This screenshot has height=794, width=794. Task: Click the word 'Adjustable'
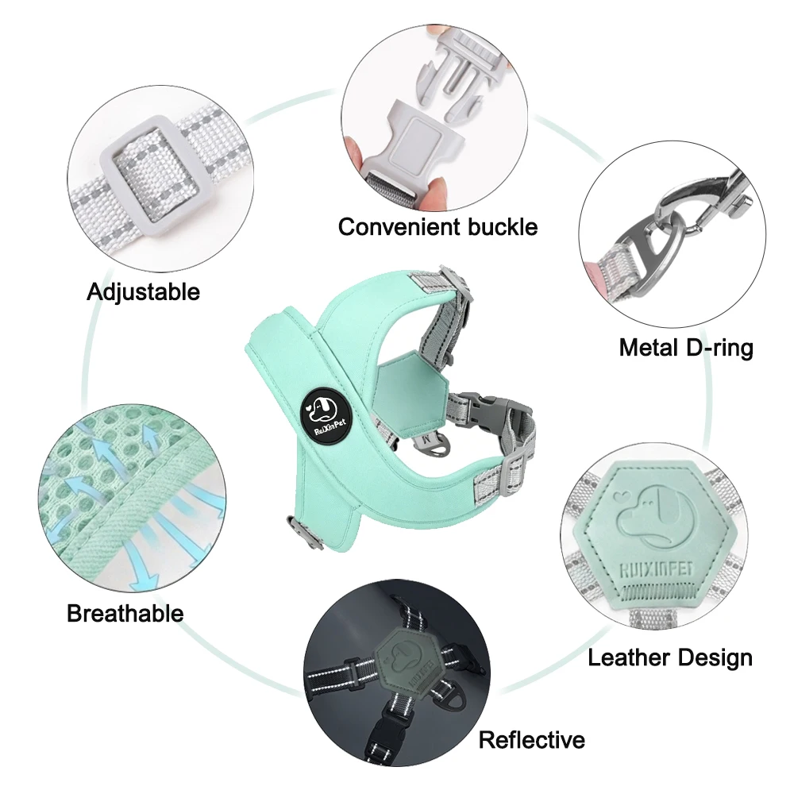point(143,292)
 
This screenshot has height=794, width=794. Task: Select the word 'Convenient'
point(399,226)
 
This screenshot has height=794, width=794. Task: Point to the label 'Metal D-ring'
point(686,348)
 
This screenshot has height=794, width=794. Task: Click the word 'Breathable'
point(125,613)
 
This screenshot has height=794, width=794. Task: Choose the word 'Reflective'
point(532,740)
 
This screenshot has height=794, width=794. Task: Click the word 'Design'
point(715,658)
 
